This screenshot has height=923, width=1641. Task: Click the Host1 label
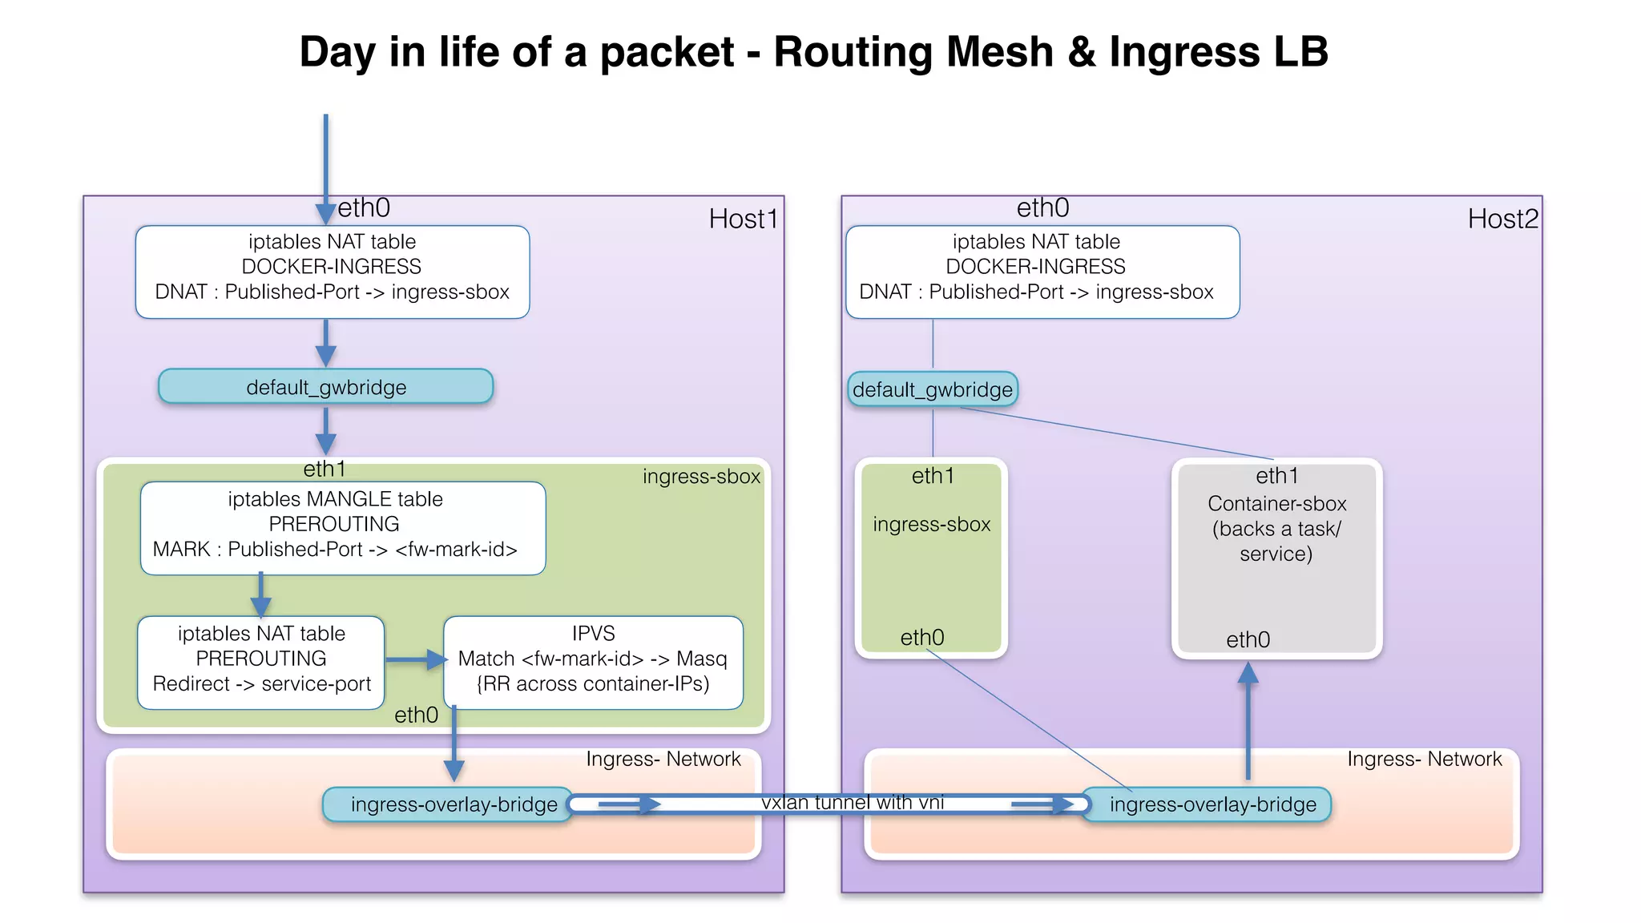coord(743,219)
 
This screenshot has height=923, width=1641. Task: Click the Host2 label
coord(1502,219)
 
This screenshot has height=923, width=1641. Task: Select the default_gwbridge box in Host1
coord(325,387)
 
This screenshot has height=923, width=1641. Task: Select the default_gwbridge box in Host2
coord(933,389)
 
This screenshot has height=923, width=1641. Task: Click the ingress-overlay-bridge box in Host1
coord(454,804)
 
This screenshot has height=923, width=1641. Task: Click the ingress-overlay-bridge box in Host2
coord(1212,804)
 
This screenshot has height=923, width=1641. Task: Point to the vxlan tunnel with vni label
coord(853,802)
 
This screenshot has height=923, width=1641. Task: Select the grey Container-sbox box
coord(1276,559)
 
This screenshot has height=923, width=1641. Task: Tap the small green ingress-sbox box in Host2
coord(931,559)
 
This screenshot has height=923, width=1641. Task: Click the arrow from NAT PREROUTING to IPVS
coord(415,660)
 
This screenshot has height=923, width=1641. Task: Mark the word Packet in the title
coord(667,53)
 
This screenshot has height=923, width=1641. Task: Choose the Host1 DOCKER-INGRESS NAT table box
coord(332,272)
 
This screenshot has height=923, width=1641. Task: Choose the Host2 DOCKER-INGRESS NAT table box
coord(1042,272)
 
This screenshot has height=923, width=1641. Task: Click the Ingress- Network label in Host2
coord(1424,759)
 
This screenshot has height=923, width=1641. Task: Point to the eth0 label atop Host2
coord(1042,208)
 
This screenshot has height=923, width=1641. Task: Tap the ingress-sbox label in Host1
coord(701,477)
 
